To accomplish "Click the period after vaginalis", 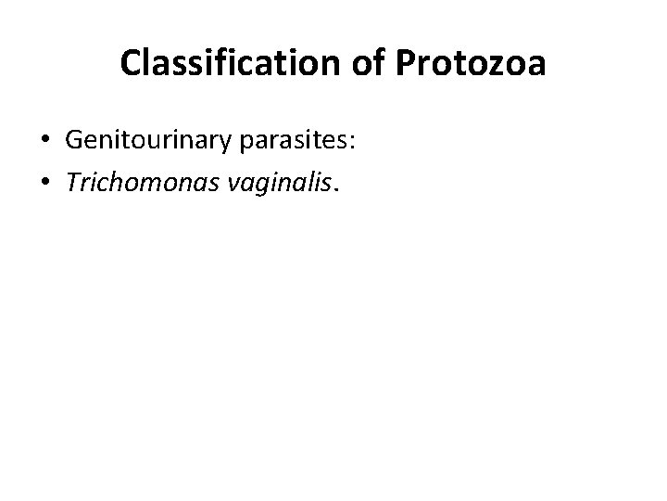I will point(338,189).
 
